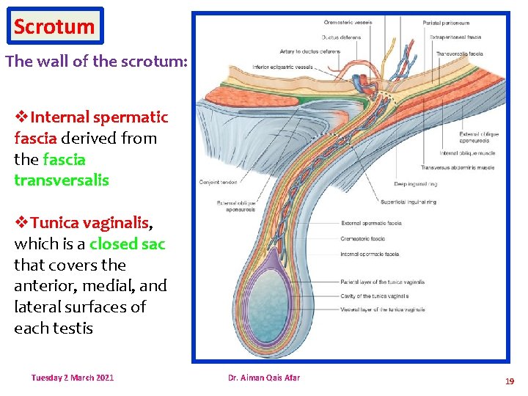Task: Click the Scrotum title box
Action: (x=54, y=26)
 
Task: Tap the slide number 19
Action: (x=509, y=381)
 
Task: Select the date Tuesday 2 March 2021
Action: (x=73, y=378)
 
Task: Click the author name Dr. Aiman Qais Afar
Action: (x=263, y=378)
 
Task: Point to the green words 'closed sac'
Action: (x=128, y=243)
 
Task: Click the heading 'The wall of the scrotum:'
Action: (x=96, y=62)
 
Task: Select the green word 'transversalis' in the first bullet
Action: (x=62, y=180)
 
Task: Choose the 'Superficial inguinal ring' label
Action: (x=408, y=202)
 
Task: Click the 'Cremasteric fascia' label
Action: (x=363, y=238)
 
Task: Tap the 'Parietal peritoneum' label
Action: (x=447, y=23)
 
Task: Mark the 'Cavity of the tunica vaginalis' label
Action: (x=375, y=296)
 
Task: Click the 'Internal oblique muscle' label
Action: (x=467, y=153)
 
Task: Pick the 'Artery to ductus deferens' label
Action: (x=311, y=51)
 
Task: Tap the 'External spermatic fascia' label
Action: (x=371, y=223)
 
